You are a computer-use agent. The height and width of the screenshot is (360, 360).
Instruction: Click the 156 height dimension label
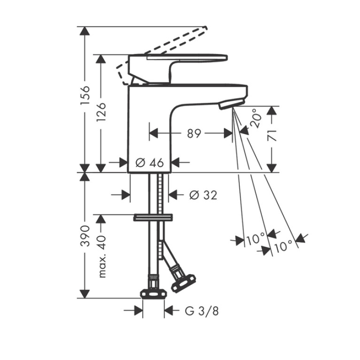point(84,95)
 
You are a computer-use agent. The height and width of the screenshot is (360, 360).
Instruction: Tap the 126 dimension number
point(101,112)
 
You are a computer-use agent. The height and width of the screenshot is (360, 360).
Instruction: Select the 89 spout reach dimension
point(194,133)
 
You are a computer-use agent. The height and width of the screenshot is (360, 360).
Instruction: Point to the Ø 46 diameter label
point(150,162)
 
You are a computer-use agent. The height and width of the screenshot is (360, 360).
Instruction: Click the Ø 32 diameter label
point(203,195)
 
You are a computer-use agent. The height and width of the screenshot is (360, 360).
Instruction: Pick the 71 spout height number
point(272,136)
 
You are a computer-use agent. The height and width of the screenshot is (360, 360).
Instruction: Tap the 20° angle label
point(256,118)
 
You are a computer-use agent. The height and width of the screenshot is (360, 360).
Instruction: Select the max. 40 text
point(101,256)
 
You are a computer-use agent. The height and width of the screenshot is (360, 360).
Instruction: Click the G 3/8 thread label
point(202,311)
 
